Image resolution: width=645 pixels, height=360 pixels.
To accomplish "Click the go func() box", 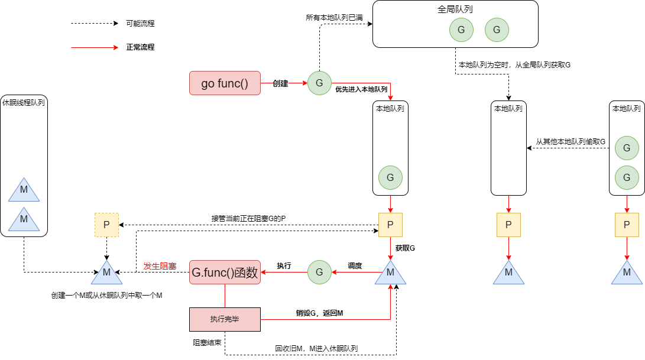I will tap(225, 83).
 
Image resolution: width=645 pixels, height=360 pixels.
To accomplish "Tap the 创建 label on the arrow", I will tap(281, 83).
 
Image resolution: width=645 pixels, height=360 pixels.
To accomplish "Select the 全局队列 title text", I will tap(455, 10).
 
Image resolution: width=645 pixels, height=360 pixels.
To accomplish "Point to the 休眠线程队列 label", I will tap(24, 102).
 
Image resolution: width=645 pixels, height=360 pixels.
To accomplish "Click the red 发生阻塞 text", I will tap(160, 266).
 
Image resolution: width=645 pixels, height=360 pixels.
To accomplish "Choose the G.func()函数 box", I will tap(225, 273).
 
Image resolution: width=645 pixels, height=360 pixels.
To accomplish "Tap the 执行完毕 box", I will tap(225, 319).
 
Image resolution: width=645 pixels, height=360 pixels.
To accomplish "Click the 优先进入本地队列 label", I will tap(361, 89).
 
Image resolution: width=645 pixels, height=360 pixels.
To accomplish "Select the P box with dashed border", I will tap(106, 225).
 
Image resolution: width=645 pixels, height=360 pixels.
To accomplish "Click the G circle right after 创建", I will tap(319, 83).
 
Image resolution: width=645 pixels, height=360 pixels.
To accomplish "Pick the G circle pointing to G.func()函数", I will tap(319, 273).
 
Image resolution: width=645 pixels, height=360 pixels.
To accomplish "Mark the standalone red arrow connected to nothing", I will tap(95, 48).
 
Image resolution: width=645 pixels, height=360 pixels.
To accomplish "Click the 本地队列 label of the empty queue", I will tap(508, 109).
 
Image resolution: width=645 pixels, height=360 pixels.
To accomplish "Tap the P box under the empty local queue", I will tap(508, 225).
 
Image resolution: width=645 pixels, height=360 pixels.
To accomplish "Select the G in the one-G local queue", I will tap(390, 177).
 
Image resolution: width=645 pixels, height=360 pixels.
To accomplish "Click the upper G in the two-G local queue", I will tap(627, 148).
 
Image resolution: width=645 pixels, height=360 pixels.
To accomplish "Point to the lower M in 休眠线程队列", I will tap(24, 219).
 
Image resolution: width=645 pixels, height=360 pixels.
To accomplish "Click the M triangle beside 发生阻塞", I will tap(106, 274).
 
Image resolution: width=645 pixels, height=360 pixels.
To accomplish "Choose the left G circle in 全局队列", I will tap(461, 30).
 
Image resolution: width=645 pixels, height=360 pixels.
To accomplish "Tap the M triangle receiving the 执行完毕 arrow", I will tap(390, 274).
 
